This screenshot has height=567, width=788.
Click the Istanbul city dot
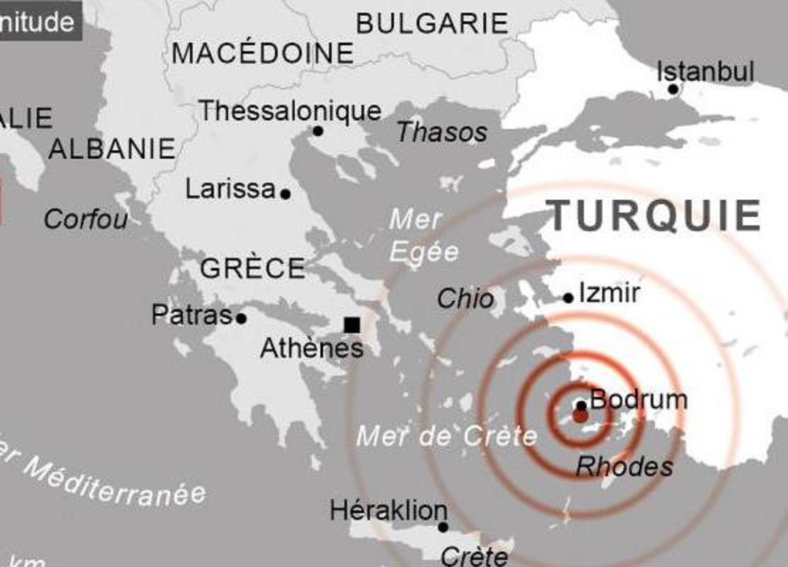[673, 89]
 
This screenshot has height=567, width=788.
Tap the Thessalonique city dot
[317, 131]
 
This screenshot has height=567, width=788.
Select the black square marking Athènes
[351, 325]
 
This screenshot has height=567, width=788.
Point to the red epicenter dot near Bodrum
[580, 416]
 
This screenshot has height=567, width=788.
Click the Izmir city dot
[568, 298]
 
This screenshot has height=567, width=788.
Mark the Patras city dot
[241, 318]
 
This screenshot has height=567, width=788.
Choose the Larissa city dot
[286, 193]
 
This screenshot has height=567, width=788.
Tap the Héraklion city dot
[443, 527]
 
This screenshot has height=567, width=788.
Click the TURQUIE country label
[655, 215]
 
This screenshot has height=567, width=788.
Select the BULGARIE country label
[432, 23]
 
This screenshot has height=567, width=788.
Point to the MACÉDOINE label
[262, 53]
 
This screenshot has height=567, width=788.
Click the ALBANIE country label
[111, 149]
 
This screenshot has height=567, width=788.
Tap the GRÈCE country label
[253, 269]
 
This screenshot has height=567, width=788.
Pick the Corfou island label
[86, 218]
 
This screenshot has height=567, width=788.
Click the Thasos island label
[442, 132]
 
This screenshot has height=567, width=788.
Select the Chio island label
[466, 298]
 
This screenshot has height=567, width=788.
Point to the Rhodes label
[624, 466]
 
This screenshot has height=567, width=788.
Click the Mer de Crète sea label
[446, 435]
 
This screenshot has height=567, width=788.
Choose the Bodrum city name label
[638, 400]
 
